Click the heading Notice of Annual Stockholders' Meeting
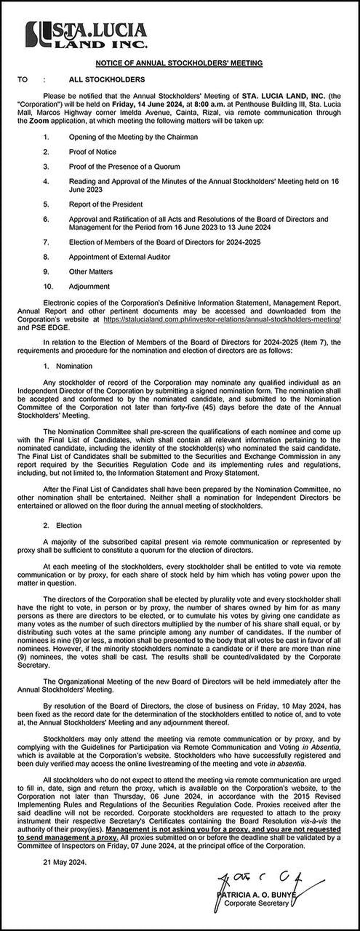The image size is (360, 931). tap(179, 63)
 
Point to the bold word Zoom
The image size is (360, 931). tap(39, 121)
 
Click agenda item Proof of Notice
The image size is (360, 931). tap(92, 152)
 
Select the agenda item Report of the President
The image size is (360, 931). tap(106, 204)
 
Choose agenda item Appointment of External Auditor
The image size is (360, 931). tap(119, 257)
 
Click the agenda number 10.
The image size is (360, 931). tap(48, 286)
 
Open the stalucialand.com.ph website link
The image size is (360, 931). tap(222, 320)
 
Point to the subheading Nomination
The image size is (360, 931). tap(74, 366)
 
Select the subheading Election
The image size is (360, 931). tap(69, 525)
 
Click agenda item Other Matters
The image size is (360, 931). tap(91, 272)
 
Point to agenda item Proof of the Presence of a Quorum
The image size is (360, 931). tap(124, 167)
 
